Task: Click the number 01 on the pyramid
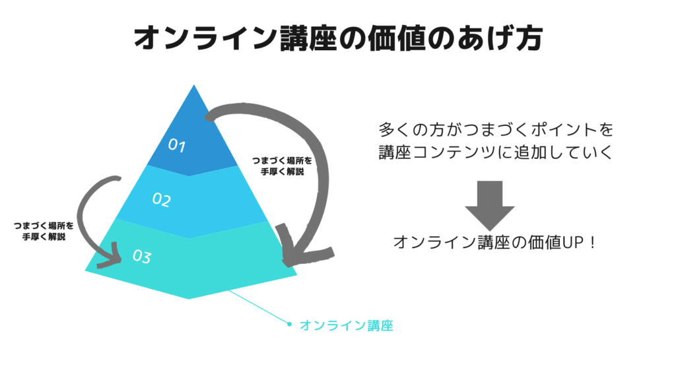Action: [x=177, y=145]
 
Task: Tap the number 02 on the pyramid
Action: [x=162, y=199]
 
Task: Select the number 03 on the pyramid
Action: [x=142, y=256]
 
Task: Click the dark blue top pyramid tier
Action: [x=193, y=138]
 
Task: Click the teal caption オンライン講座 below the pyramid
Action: [x=346, y=326]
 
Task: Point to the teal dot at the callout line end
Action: [x=289, y=324]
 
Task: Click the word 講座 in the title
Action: [x=309, y=38]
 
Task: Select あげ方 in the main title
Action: [x=500, y=38]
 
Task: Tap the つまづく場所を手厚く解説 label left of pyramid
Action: [x=44, y=231]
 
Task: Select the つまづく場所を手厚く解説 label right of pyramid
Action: [x=282, y=166]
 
